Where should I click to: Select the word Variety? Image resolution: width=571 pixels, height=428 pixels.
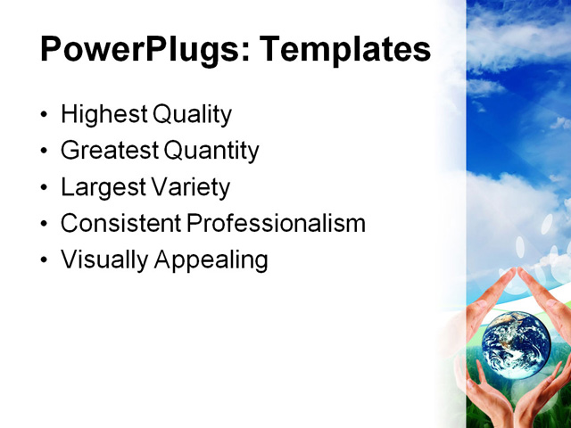coord(189,188)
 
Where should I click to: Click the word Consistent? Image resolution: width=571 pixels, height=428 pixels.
coord(120,224)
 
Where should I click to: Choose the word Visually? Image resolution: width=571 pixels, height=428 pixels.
coord(104,260)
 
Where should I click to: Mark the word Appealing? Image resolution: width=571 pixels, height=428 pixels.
coord(211,260)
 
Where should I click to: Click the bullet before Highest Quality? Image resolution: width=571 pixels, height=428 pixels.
coord(46,116)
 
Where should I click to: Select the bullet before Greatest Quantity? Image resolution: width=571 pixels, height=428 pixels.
coord(46,152)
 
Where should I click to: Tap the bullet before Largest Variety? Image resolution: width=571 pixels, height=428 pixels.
coord(46,189)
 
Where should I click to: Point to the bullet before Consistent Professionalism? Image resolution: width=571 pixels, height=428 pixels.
coord(46,225)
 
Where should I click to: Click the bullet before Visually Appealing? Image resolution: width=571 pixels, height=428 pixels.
coord(46,261)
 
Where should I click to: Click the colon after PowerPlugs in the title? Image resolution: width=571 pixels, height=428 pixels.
coord(243,53)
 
